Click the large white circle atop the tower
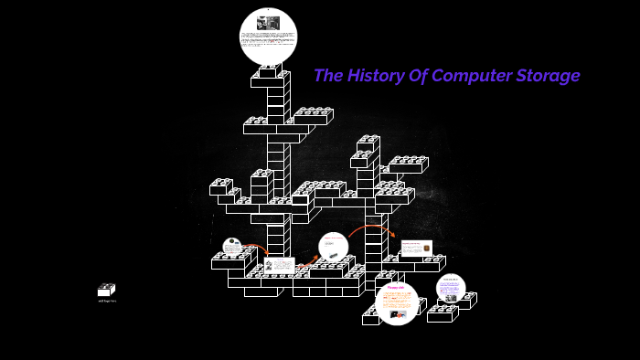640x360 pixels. [x=269, y=37]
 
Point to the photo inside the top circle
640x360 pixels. [x=269, y=22]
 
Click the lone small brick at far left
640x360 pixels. [x=106, y=290]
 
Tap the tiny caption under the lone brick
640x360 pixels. [x=106, y=301]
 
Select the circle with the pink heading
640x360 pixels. [x=397, y=303]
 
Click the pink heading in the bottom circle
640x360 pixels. [x=396, y=288]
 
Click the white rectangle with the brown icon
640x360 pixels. [x=416, y=248]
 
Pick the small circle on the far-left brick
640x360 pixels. [x=232, y=247]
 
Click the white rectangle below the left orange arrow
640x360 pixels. [x=280, y=265]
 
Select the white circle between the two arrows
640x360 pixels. [x=334, y=246]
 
